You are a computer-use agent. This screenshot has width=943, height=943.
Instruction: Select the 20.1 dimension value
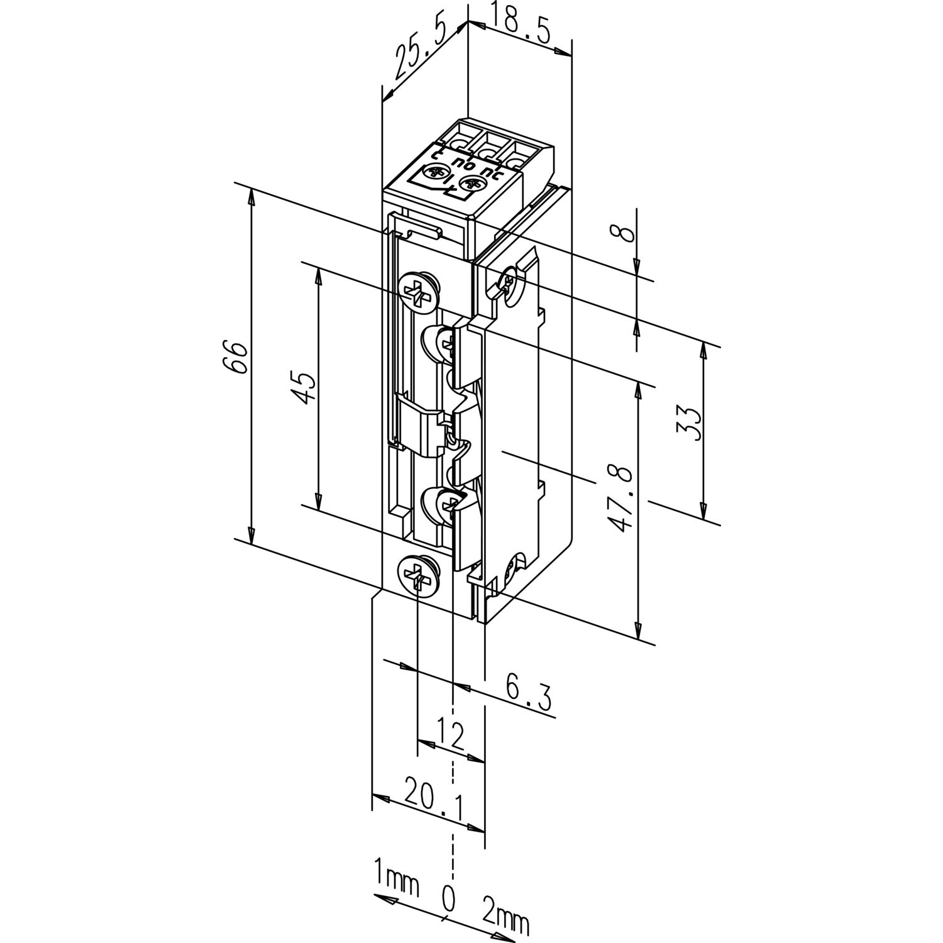434,804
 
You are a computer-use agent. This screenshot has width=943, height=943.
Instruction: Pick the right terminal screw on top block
472,185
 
